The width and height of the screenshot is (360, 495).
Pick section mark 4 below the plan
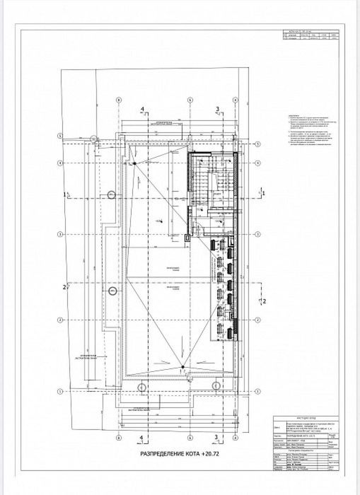pyautogui.click(x=142, y=418)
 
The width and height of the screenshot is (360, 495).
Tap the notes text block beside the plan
pyautogui.click(x=299, y=142)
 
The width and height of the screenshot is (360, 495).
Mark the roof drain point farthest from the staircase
pyautogui.click(x=182, y=366)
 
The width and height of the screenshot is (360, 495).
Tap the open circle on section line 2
pyautogui.click(x=115, y=286)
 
